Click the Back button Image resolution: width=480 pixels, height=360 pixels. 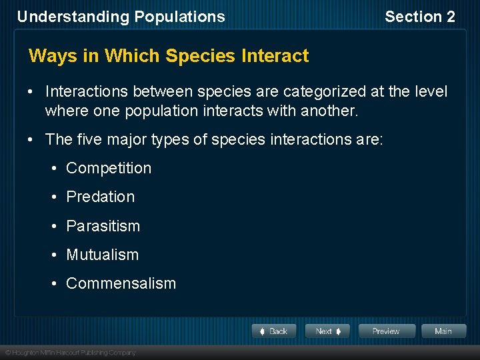274,331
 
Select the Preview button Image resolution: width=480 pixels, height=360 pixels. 386,331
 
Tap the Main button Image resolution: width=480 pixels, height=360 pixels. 443,331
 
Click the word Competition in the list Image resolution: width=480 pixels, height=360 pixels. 109,168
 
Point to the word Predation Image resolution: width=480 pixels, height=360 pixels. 100,197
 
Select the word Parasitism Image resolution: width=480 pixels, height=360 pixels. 103,226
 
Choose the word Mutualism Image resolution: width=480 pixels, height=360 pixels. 102,255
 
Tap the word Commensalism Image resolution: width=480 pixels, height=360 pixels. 121,283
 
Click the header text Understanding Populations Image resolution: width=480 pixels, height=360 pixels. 121,17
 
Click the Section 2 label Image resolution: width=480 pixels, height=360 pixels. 419,17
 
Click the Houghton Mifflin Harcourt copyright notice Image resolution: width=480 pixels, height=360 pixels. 70,352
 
